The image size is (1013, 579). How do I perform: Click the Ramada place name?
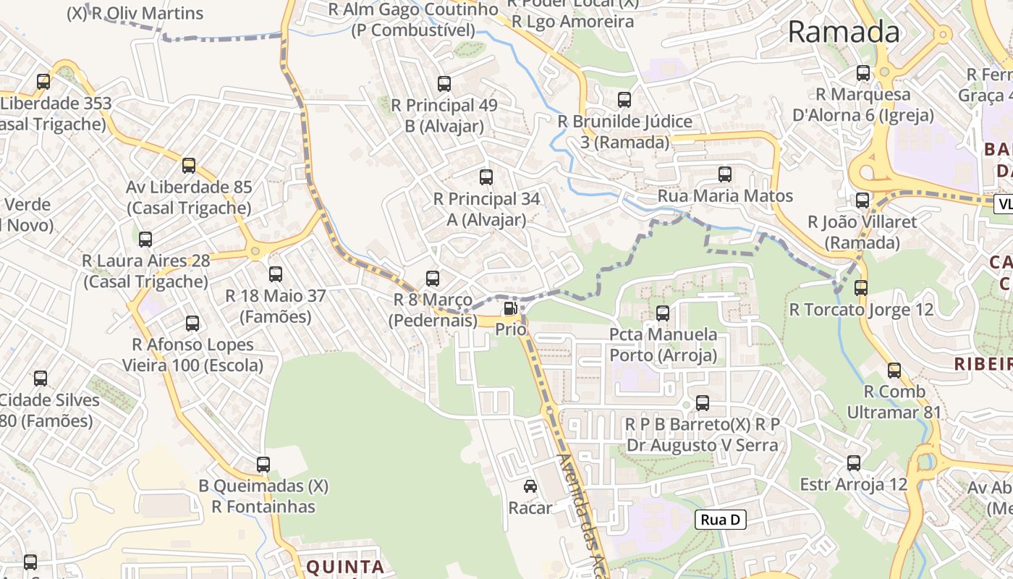click(x=844, y=32)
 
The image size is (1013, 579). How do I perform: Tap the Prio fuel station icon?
click(x=510, y=309)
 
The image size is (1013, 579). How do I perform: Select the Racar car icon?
click(x=530, y=486)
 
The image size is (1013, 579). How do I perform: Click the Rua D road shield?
click(x=721, y=520)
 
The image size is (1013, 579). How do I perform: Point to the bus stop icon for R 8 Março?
click(x=433, y=278)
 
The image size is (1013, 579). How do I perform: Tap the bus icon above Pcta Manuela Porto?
click(x=663, y=313)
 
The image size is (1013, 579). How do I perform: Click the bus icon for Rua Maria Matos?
click(x=725, y=174)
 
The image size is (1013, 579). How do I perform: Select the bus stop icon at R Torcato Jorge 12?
click(x=861, y=288)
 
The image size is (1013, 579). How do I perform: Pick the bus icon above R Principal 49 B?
click(x=444, y=84)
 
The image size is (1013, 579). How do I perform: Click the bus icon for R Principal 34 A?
click(x=486, y=177)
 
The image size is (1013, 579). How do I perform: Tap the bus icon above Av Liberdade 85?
click(x=189, y=166)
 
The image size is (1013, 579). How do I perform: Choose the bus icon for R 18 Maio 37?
click(x=276, y=274)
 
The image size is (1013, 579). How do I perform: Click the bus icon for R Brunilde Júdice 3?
click(x=624, y=100)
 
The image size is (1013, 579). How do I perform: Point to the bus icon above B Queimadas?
click(x=263, y=465)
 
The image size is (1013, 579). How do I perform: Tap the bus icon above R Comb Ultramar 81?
click(x=895, y=371)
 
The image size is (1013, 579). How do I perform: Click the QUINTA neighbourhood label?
click(x=345, y=567)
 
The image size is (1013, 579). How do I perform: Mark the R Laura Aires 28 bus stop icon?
click(x=145, y=240)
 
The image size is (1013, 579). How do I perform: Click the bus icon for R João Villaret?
click(x=862, y=200)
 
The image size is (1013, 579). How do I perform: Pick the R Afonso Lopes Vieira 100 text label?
click(x=192, y=355)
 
